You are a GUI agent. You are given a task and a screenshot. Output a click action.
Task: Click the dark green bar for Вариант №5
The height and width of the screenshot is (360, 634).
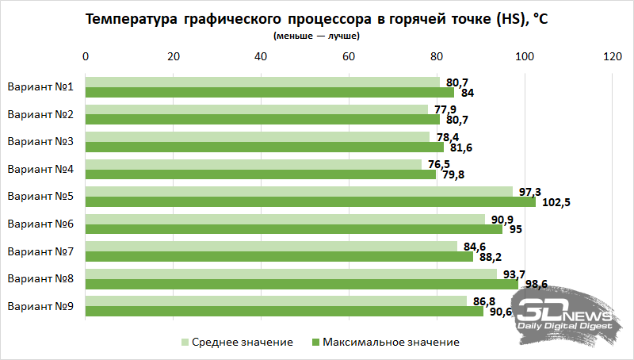[x=309, y=201]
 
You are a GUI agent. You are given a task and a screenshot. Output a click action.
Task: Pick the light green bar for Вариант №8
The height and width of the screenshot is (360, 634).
[x=290, y=274]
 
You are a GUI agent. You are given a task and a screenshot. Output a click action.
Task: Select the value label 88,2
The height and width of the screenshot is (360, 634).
[x=490, y=257]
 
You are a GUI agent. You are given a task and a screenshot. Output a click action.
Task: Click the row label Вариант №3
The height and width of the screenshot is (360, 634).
[x=40, y=141]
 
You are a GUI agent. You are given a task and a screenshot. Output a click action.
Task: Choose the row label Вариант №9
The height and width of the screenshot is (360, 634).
[x=40, y=305]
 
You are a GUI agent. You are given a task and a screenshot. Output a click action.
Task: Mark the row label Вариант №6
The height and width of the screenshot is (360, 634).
[x=40, y=224]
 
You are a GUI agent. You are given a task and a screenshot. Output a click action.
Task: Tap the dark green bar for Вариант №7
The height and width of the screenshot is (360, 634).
[x=279, y=256]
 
